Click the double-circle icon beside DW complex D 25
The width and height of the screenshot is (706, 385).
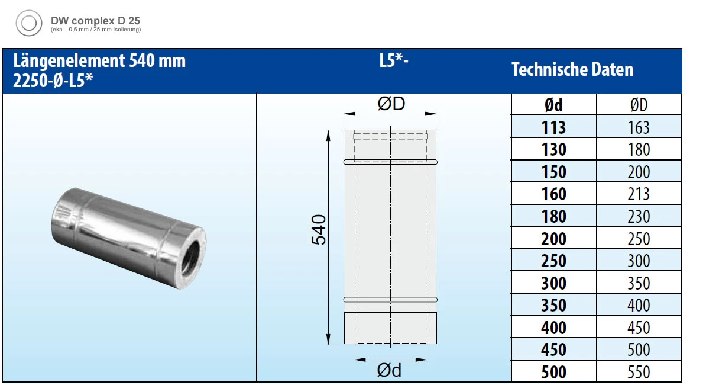[x=29, y=23]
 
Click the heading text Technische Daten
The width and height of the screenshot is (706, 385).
[x=572, y=69]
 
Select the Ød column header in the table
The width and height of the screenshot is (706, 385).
[x=553, y=105]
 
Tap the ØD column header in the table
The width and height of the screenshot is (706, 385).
[x=639, y=105]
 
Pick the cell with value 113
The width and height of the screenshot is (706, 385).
[x=553, y=127]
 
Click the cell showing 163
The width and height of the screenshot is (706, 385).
[x=639, y=127]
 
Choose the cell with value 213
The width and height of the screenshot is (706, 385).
[x=639, y=194]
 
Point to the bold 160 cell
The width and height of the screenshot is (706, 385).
[x=553, y=194]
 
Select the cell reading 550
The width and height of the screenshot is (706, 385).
[x=639, y=372]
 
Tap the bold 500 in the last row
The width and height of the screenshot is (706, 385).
[x=553, y=372]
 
